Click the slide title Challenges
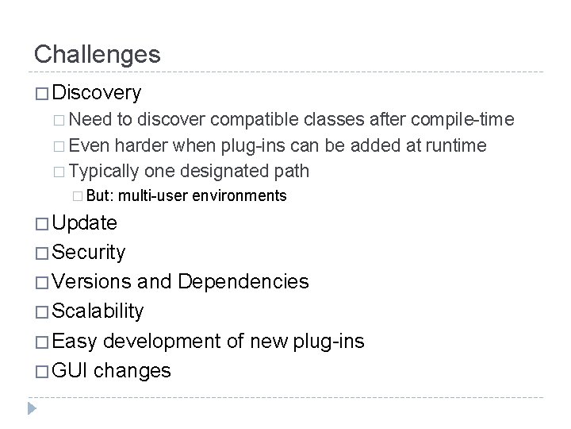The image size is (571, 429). (x=97, y=55)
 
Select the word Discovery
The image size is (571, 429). (x=95, y=93)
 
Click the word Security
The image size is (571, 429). (x=88, y=253)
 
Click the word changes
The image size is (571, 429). (x=132, y=370)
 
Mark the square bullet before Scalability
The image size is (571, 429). (x=40, y=311)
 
